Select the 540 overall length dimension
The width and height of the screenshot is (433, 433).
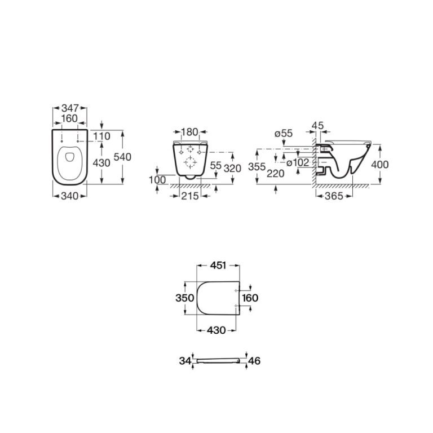coord(122,157)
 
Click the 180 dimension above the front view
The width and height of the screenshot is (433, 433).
coord(190,132)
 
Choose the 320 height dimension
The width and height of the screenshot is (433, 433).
coord(233,167)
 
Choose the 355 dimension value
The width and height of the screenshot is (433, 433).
coord(257,167)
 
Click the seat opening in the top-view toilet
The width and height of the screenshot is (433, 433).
coord(69,158)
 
